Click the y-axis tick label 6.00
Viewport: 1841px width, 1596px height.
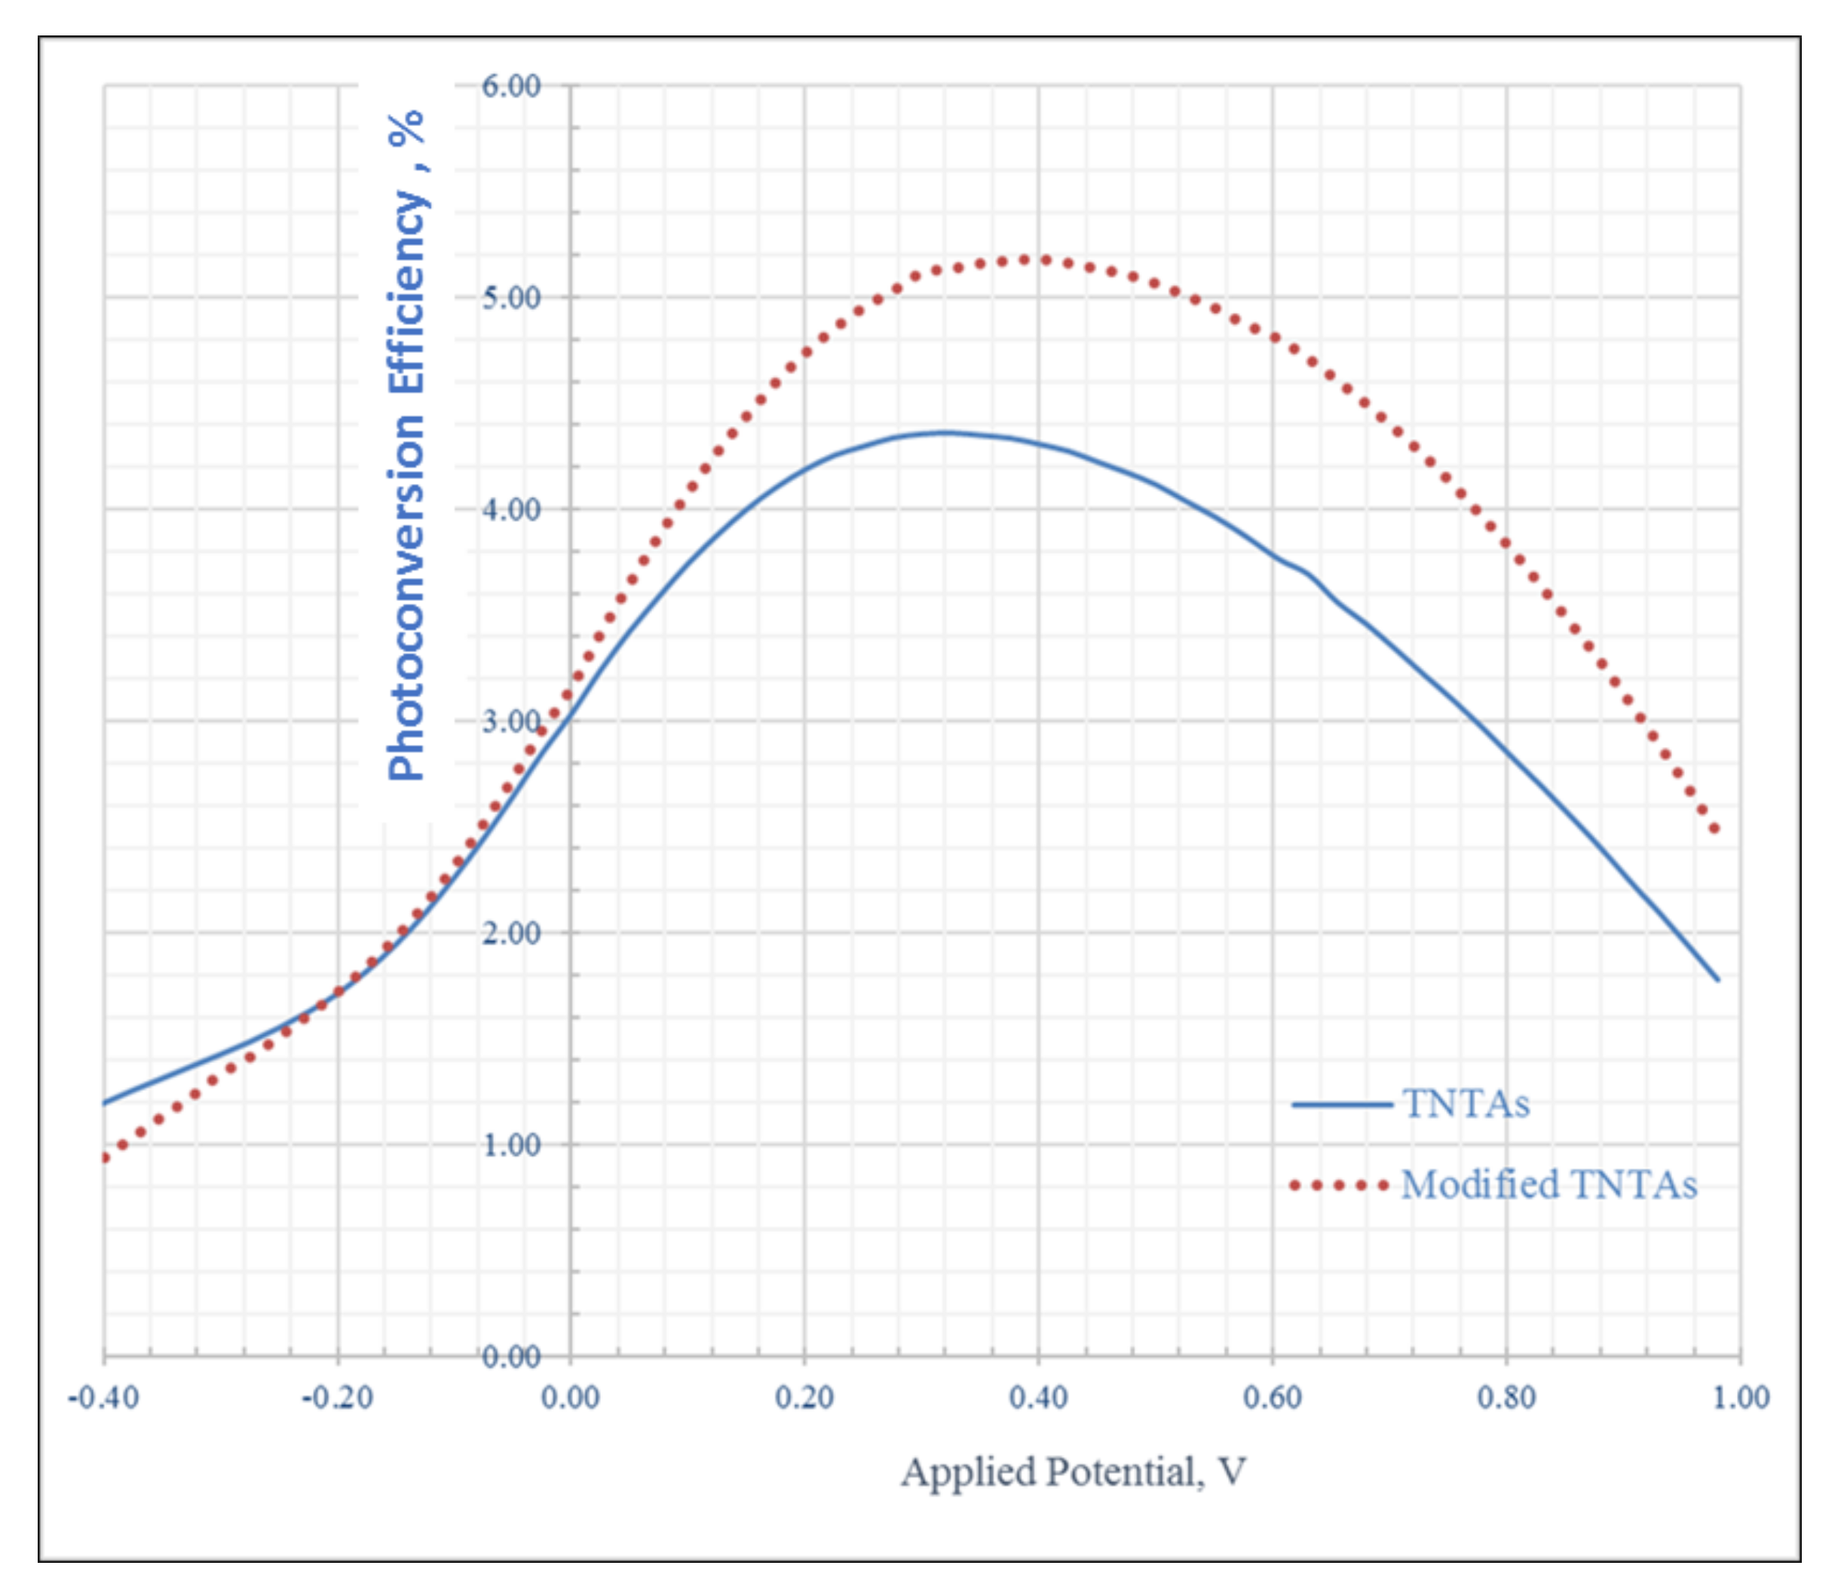click(x=511, y=87)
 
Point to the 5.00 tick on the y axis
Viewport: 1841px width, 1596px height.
click(x=511, y=298)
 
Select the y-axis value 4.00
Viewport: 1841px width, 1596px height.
click(x=511, y=510)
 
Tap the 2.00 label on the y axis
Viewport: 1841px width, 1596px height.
click(x=511, y=933)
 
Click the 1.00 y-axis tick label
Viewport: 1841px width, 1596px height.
click(x=511, y=1145)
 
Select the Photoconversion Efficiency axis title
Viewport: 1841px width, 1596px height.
click(x=406, y=446)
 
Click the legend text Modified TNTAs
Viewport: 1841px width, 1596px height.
click(x=1548, y=1185)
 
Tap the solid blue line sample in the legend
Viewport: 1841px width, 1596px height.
click(x=1341, y=1105)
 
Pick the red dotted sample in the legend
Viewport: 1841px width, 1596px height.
click(x=1339, y=1185)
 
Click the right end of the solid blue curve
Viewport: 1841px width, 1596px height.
click(x=1717, y=979)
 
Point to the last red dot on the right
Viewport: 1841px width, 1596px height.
click(x=1714, y=829)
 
